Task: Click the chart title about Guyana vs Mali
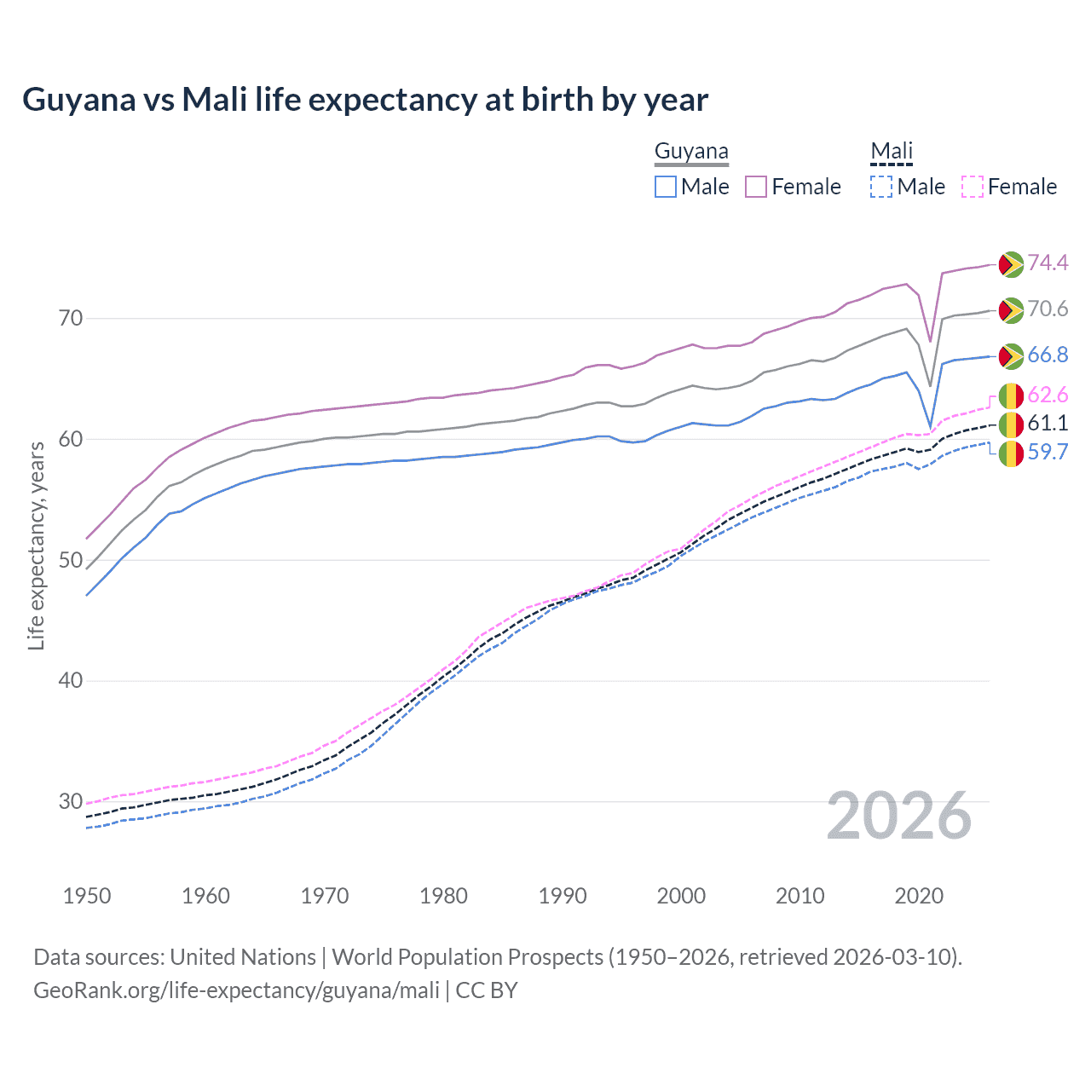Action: [365, 100]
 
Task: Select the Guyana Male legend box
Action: [666, 187]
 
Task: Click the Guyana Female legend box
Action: [756, 187]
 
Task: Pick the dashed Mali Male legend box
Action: [881, 187]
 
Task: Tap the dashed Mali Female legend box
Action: [972, 187]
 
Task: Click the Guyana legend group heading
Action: [691, 152]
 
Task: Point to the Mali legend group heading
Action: [892, 152]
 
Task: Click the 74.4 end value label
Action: [1048, 263]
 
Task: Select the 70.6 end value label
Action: [1048, 309]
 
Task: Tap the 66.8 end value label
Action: [1048, 355]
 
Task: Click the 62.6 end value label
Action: [1048, 395]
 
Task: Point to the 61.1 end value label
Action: [1048, 424]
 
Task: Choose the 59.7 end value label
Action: [1048, 452]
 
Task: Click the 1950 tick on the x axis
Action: [87, 896]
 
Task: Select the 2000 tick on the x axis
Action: [681, 896]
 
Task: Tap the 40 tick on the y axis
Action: [71, 680]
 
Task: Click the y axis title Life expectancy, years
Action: [37, 545]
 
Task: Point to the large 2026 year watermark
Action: [899, 816]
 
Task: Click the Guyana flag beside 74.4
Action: [1011, 264]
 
